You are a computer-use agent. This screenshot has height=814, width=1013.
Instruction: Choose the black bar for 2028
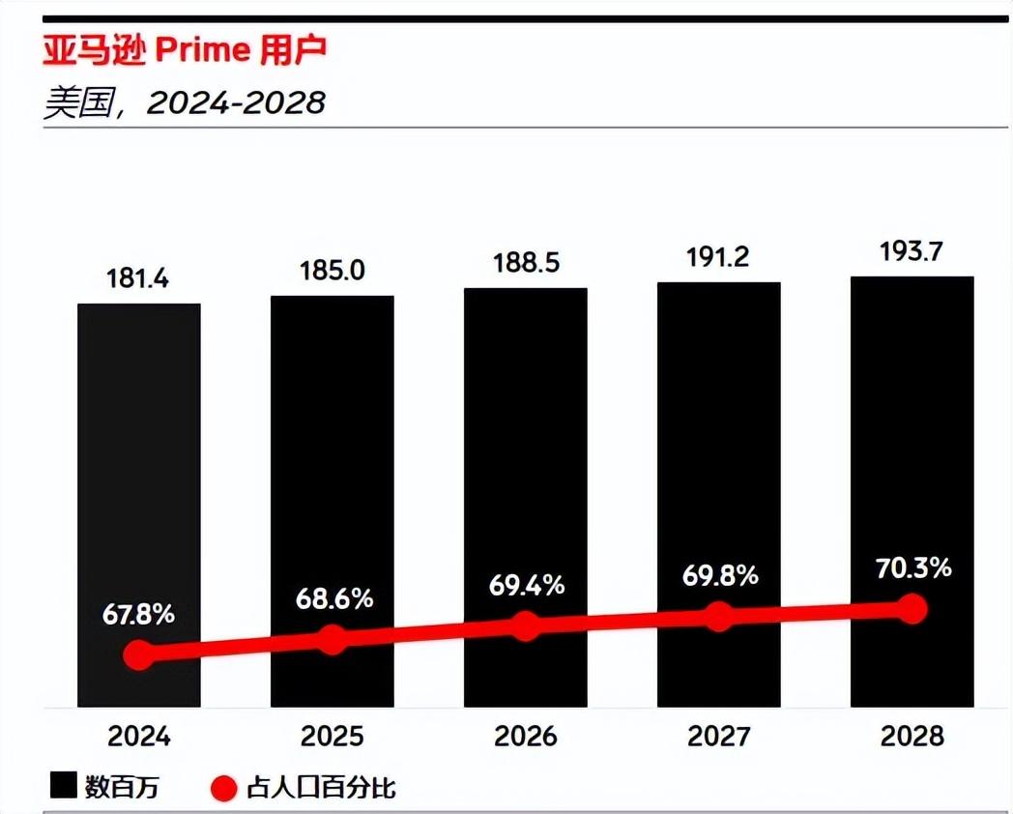tap(912, 435)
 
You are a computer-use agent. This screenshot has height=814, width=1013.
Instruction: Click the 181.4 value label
tap(139, 279)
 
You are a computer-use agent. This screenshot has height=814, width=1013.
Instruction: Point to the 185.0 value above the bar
tap(333, 271)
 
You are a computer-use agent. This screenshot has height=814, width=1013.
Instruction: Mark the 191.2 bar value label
tap(718, 258)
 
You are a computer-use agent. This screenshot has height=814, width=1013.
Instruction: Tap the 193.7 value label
tap(912, 252)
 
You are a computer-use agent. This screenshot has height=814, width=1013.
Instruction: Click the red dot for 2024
tap(139, 654)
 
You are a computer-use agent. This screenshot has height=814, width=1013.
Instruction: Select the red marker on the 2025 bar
tap(333, 639)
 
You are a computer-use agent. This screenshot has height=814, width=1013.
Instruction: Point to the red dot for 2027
tap(718, 616)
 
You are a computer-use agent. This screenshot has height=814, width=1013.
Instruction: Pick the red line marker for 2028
tap(912, 608)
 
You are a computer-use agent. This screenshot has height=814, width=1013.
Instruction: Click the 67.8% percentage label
tap(139, 614)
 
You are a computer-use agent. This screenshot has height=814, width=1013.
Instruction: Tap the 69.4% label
tap(526, 585)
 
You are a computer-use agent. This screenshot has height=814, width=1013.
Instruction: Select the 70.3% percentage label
tap(912, 567)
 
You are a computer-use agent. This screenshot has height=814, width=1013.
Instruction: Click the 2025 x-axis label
tap(333, 737)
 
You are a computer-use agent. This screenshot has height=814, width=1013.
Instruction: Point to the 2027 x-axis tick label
tap(718, 737)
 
